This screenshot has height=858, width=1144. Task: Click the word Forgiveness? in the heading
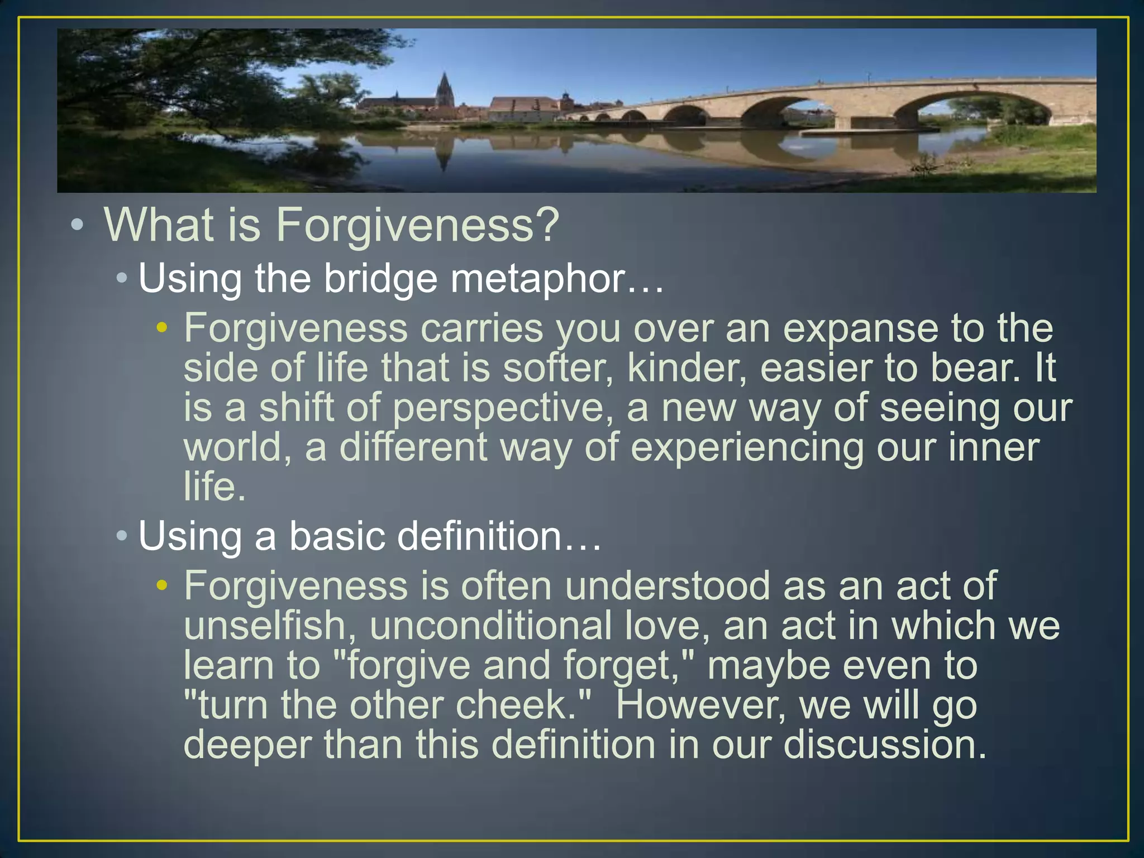(417, 225)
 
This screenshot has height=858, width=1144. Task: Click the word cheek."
(523, 705)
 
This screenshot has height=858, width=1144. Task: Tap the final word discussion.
(885, 745)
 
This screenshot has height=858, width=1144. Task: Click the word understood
(667, 586)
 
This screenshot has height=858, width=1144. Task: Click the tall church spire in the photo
(445, 89)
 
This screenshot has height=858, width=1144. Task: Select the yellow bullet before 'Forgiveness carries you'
(162, 328)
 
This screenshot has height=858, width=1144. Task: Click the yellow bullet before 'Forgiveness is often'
(162, 585)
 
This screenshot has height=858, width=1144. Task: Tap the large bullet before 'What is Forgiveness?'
(78, 226)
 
